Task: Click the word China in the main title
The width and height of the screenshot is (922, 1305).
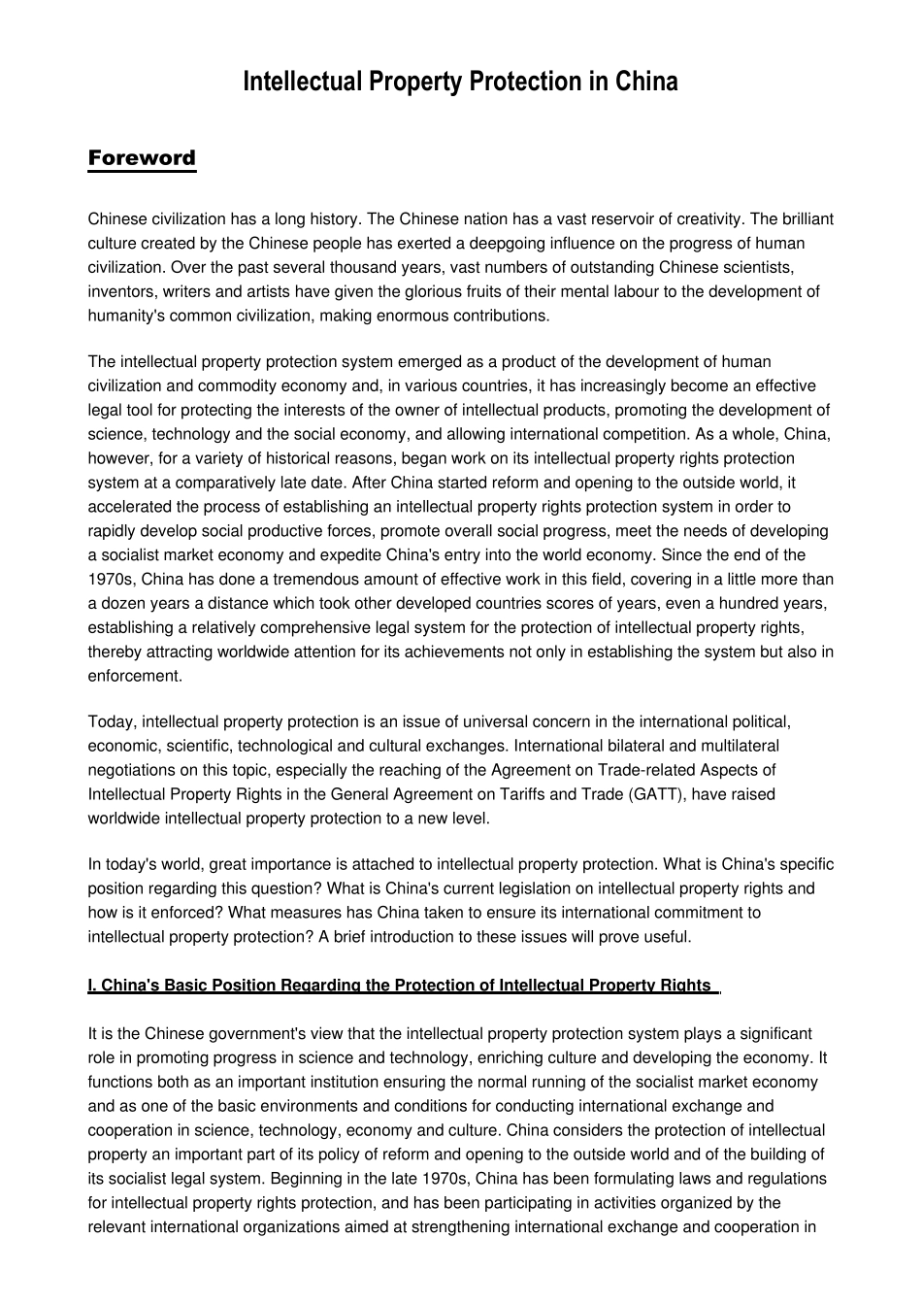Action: (x=646, y=82)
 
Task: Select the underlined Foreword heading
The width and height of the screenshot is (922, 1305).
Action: (x=142, y=158)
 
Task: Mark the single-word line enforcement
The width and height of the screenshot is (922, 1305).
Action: (x=135, y=676)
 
